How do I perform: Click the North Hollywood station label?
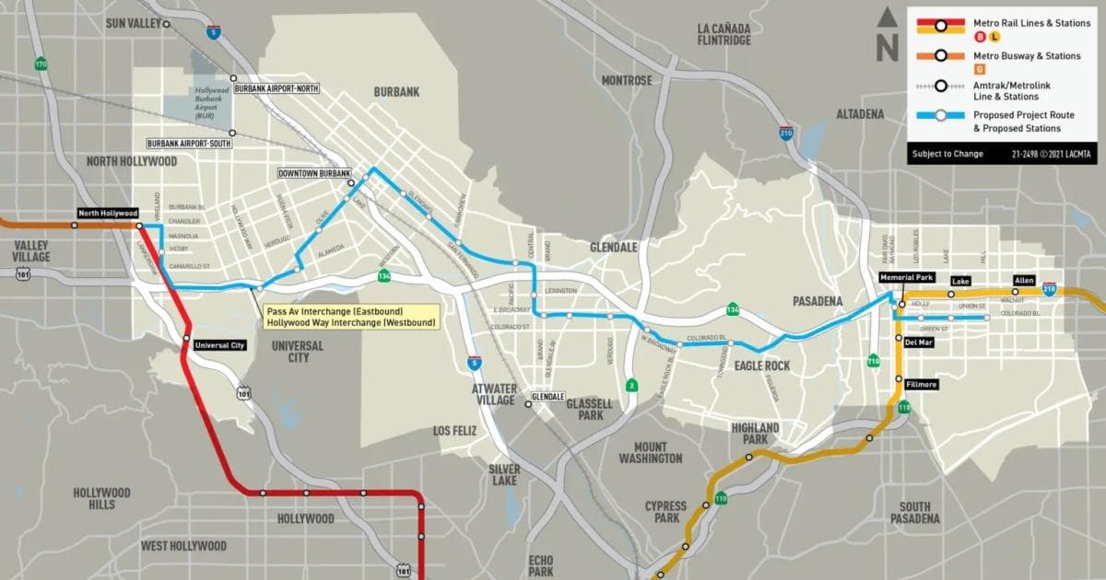pyautogui.click(x=107, y=213)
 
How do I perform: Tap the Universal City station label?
pyautogui.click(x=220, y=345)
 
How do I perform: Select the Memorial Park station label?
pyautogui.click(x=907, y=277)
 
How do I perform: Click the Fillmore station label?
pyautogui.click(x=921, y=384)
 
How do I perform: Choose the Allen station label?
pyautogui.click(x=1023, y=279)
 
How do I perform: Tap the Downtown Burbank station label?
pyautogui.click(x=315, y=173)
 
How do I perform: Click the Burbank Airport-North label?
pyautogui.click(x=277, y=88)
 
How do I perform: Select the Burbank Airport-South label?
pyautogui.click(x=190, y=144)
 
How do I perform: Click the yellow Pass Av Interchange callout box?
pyautogui.click(x=349, y=317)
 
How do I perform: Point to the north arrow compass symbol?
pyautogui.click(x=887, y=34)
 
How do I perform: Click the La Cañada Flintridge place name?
pyautogui.click(x=724, y=34)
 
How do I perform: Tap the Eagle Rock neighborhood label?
pyautogui.click(x=763, y=365)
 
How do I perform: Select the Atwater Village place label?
pyautogui.click(x=494, y=394)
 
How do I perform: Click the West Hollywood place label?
pyautogui.click(x=183, y=546)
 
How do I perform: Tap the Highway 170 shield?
pyautogui.click(x=41, y=64)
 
